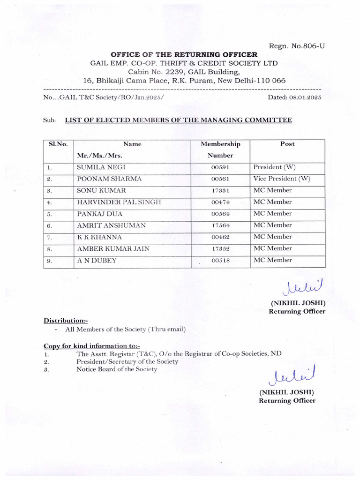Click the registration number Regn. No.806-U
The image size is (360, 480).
tap(296, 45)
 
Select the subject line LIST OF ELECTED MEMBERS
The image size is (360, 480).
tap(178, 120)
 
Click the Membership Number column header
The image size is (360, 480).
tap(220, 150)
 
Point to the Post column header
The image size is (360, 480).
tap(287, 144)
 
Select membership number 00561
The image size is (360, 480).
tap(220, 179)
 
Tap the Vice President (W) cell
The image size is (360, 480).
tap(281, 179)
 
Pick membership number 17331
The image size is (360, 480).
tap(220, 191)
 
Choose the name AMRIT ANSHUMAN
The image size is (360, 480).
tap(111, 225)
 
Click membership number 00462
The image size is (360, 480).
tap(220, 237)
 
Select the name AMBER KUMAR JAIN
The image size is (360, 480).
tap(113, 248)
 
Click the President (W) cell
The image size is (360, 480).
tap(274, 167)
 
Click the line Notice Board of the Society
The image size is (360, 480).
tap(117, 369)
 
